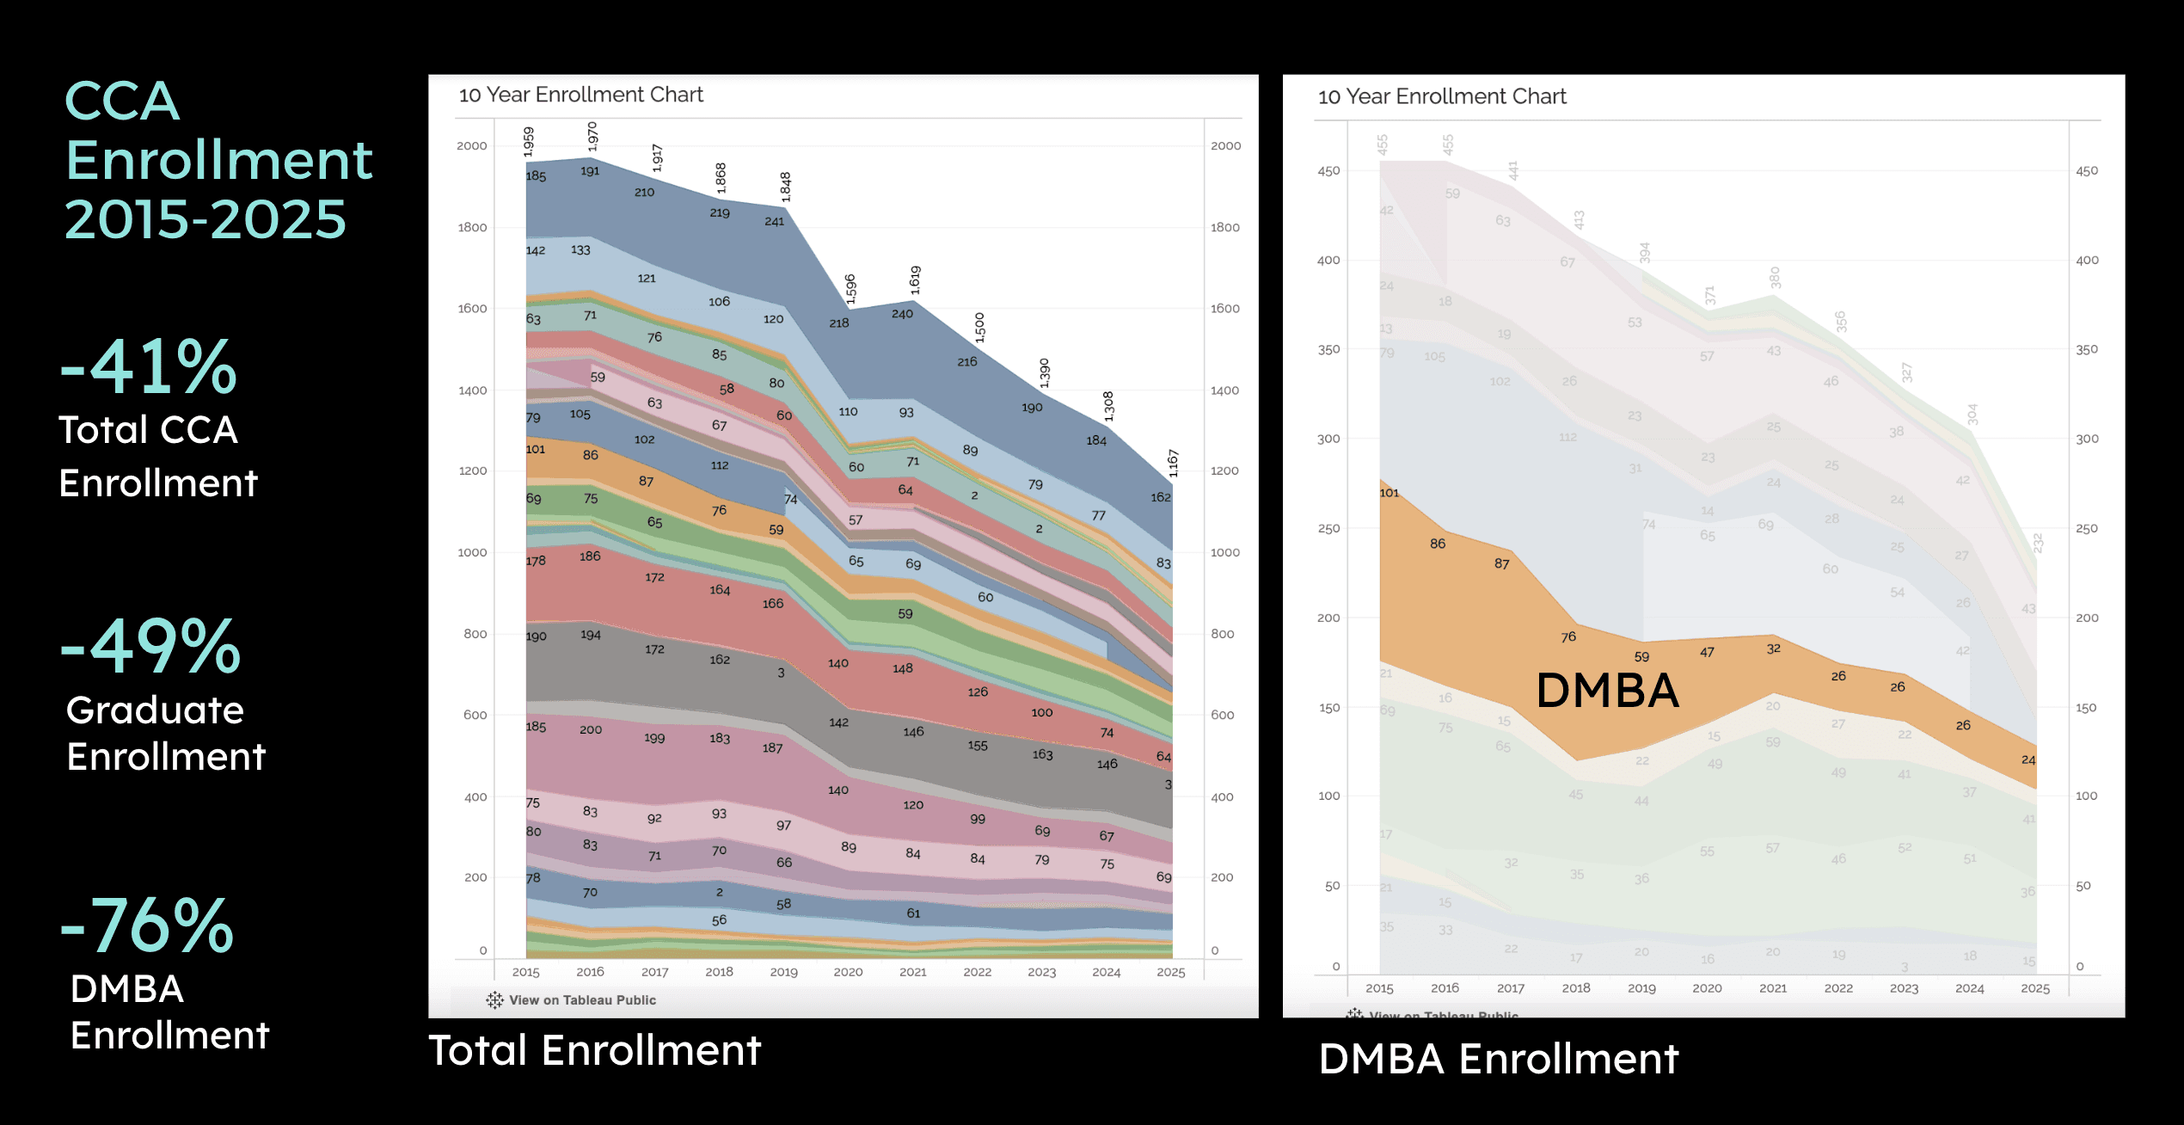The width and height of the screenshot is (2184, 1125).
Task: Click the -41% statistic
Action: coord(148,367)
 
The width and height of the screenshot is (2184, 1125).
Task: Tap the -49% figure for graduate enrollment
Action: coord(150,647)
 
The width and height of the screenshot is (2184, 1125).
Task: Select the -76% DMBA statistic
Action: coord(147,926)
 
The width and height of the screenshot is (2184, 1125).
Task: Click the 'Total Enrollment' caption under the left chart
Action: coord(594,1050)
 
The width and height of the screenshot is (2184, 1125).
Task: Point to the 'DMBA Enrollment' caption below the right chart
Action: coord(1498,1059)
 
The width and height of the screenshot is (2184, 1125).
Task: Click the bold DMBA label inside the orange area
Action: coord(1607,691)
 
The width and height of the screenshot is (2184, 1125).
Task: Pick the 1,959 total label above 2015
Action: coord(529,142)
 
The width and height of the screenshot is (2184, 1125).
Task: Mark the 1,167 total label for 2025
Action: coord(1173,464)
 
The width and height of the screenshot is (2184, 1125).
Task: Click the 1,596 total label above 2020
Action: coord(850,289)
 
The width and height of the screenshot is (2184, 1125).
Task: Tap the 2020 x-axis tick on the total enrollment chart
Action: coord(848,972)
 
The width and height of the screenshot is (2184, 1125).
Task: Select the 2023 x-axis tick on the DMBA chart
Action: coord(1904,988)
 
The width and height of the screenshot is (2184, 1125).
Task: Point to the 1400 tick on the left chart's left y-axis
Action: coord(472,390)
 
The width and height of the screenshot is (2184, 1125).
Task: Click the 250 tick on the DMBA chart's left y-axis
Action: coord(1328,528)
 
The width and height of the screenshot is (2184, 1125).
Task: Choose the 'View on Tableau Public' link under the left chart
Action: coord(581,1000)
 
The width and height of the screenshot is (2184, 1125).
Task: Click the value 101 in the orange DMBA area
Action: coord(1390,493)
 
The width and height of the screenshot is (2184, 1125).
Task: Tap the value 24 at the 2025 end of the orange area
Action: coord(2028,759)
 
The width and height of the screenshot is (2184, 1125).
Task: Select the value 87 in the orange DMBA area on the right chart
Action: coord(1501,564)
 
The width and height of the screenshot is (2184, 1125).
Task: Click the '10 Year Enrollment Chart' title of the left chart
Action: coord(580,95)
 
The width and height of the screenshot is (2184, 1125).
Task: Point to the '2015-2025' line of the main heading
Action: coord(205,219)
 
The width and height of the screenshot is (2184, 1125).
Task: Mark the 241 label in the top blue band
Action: coord(774,221)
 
